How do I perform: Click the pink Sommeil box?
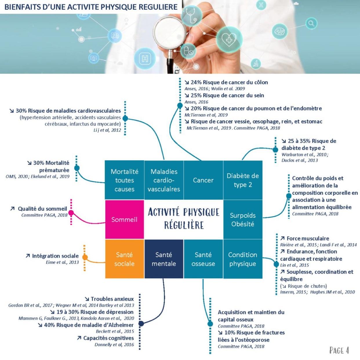(124, 219)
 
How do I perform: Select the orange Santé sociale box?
(124, 259)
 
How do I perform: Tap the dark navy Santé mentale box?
(164, 259)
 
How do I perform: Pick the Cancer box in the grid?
(203, 180)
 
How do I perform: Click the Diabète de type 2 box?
(243, 180)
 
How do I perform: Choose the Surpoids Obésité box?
(243, 219)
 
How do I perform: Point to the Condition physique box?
(243, 259)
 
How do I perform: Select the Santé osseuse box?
(203, 259)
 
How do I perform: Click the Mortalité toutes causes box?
(124, 180)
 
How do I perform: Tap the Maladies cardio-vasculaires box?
(164, 180)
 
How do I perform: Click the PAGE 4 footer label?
(339, 350)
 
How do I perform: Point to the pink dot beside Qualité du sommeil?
(71, 212)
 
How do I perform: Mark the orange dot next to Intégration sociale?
(85, 257)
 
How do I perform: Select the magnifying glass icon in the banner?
(311, 23)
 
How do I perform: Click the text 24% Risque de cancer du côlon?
(229, 82)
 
